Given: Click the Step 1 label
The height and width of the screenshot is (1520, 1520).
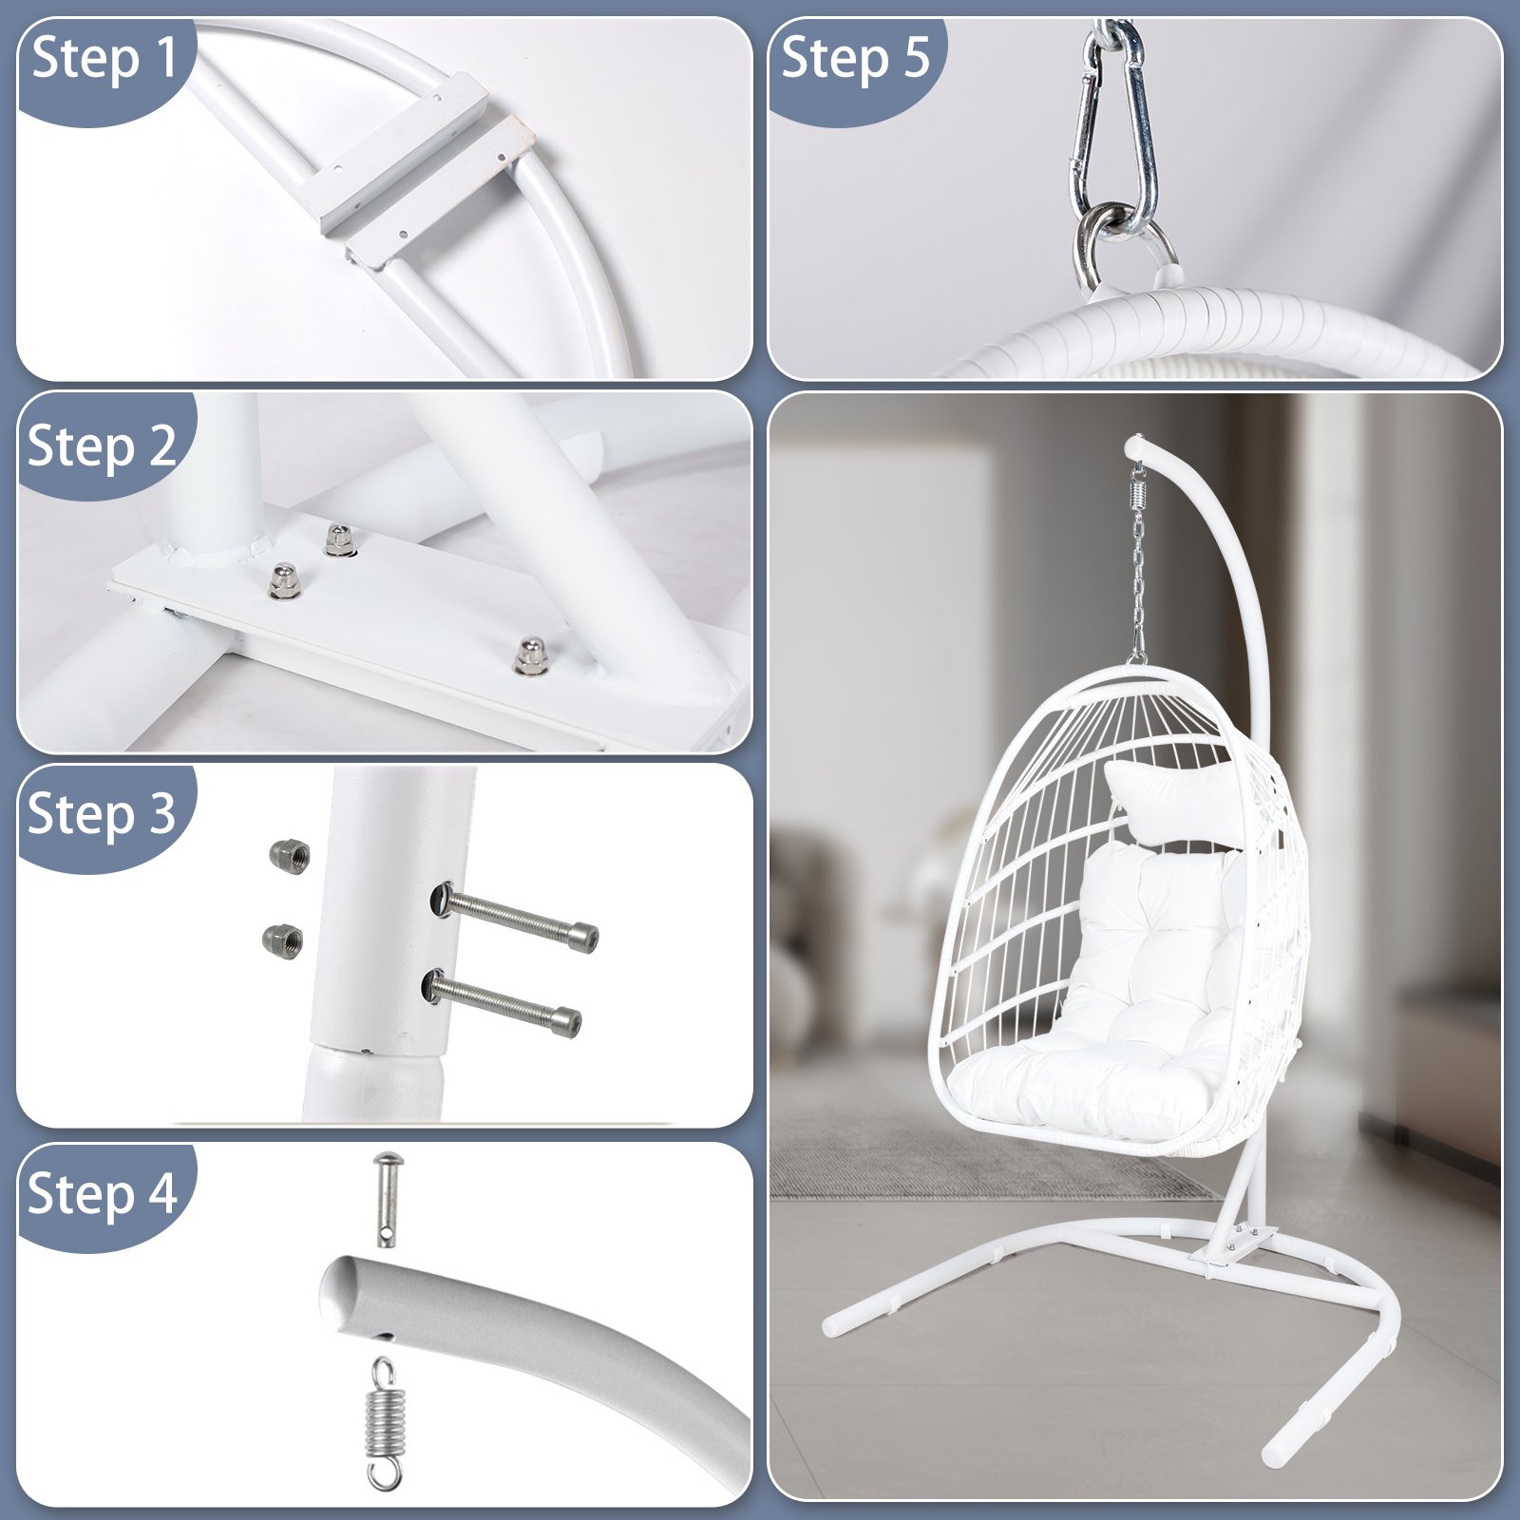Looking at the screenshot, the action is pos(104,59).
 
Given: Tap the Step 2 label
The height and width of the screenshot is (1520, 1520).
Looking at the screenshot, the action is pos(103,446).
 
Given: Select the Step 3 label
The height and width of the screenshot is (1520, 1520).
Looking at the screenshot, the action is pos(103,815).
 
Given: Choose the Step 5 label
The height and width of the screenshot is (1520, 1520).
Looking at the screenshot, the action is pos(855,59).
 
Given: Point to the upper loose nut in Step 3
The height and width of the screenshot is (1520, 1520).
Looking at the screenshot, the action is pos(290,856).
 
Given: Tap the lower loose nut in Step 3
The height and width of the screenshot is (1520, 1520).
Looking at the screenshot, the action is pos(282,940).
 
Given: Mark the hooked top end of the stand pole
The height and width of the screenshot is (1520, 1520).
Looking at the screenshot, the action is pos(1140,446).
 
